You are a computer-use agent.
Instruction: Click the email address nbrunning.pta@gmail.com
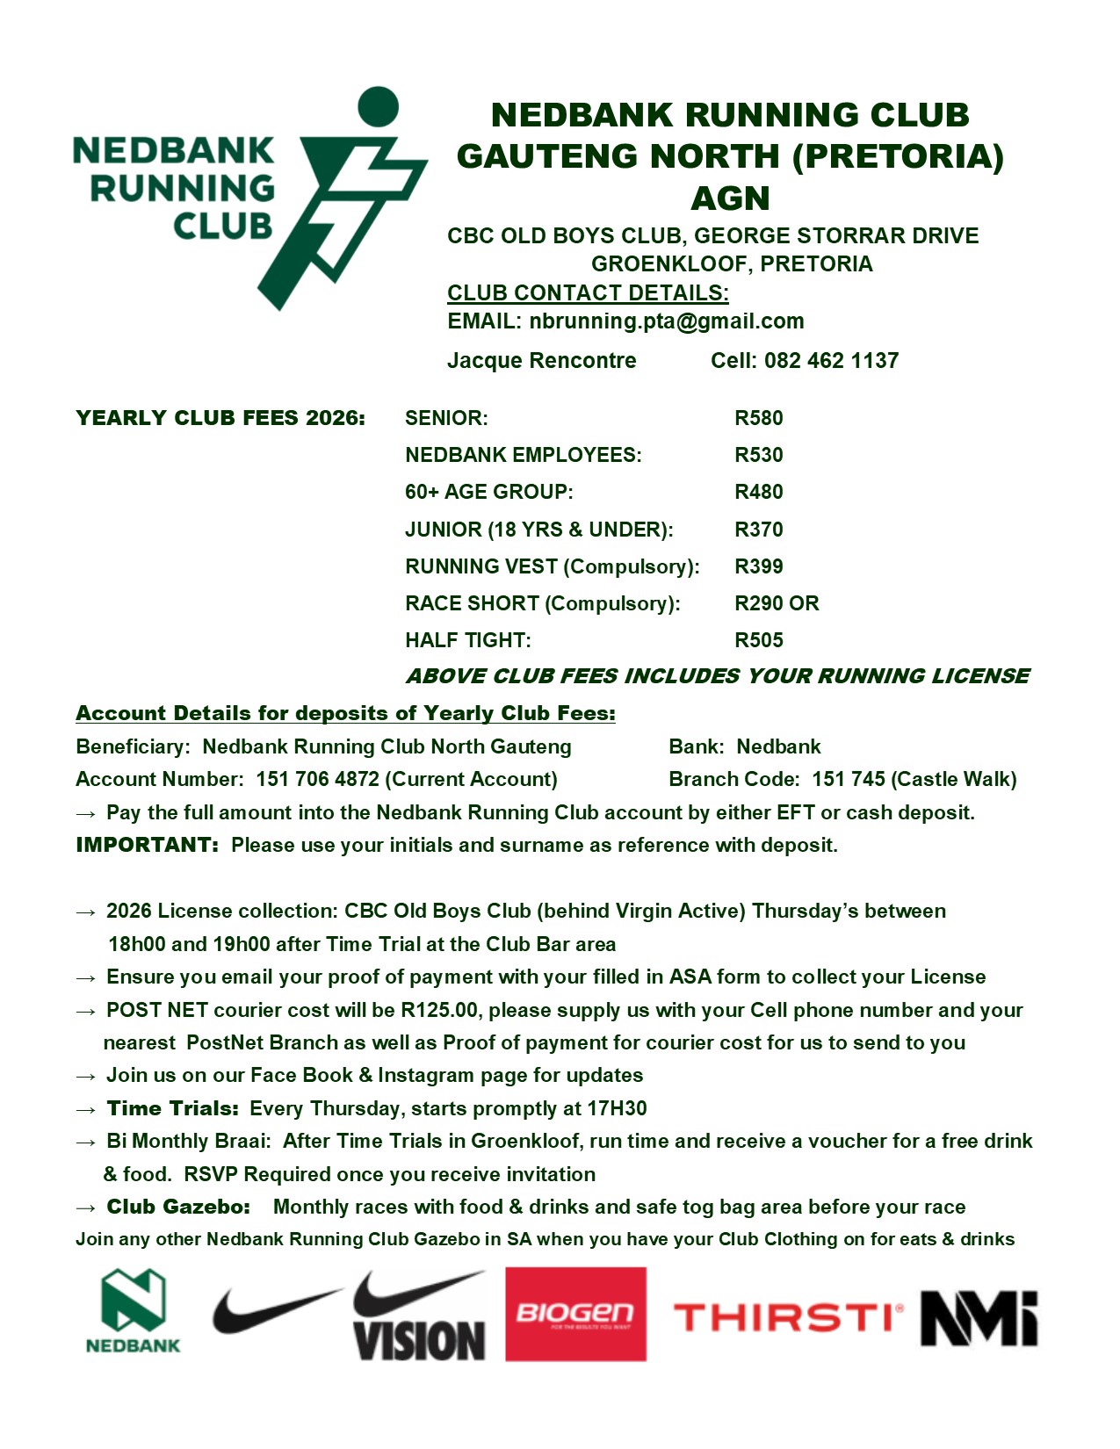coord(666,321)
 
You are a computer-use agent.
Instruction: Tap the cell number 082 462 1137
coord(831,361)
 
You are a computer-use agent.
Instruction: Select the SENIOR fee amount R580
coord(758,418)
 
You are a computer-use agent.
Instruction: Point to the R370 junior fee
coord(758,530)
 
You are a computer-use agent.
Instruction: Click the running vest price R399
coord(758,566)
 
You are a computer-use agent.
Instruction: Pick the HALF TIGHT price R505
coord(758,640)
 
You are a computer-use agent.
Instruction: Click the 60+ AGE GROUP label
coord(488,492)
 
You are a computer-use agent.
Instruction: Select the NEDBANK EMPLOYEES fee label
coord(523,455)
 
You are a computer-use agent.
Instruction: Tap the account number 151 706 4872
coord(317,779)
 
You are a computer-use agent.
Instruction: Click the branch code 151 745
coord(848,779)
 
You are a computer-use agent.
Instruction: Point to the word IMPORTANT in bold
coord(147,845)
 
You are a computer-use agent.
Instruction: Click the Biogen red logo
coord(575,1314)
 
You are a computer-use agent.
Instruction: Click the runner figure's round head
coord(379,106)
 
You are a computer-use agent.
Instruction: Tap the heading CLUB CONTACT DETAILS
coord(588,293)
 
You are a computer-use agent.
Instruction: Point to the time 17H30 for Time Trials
coord(617,1108)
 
